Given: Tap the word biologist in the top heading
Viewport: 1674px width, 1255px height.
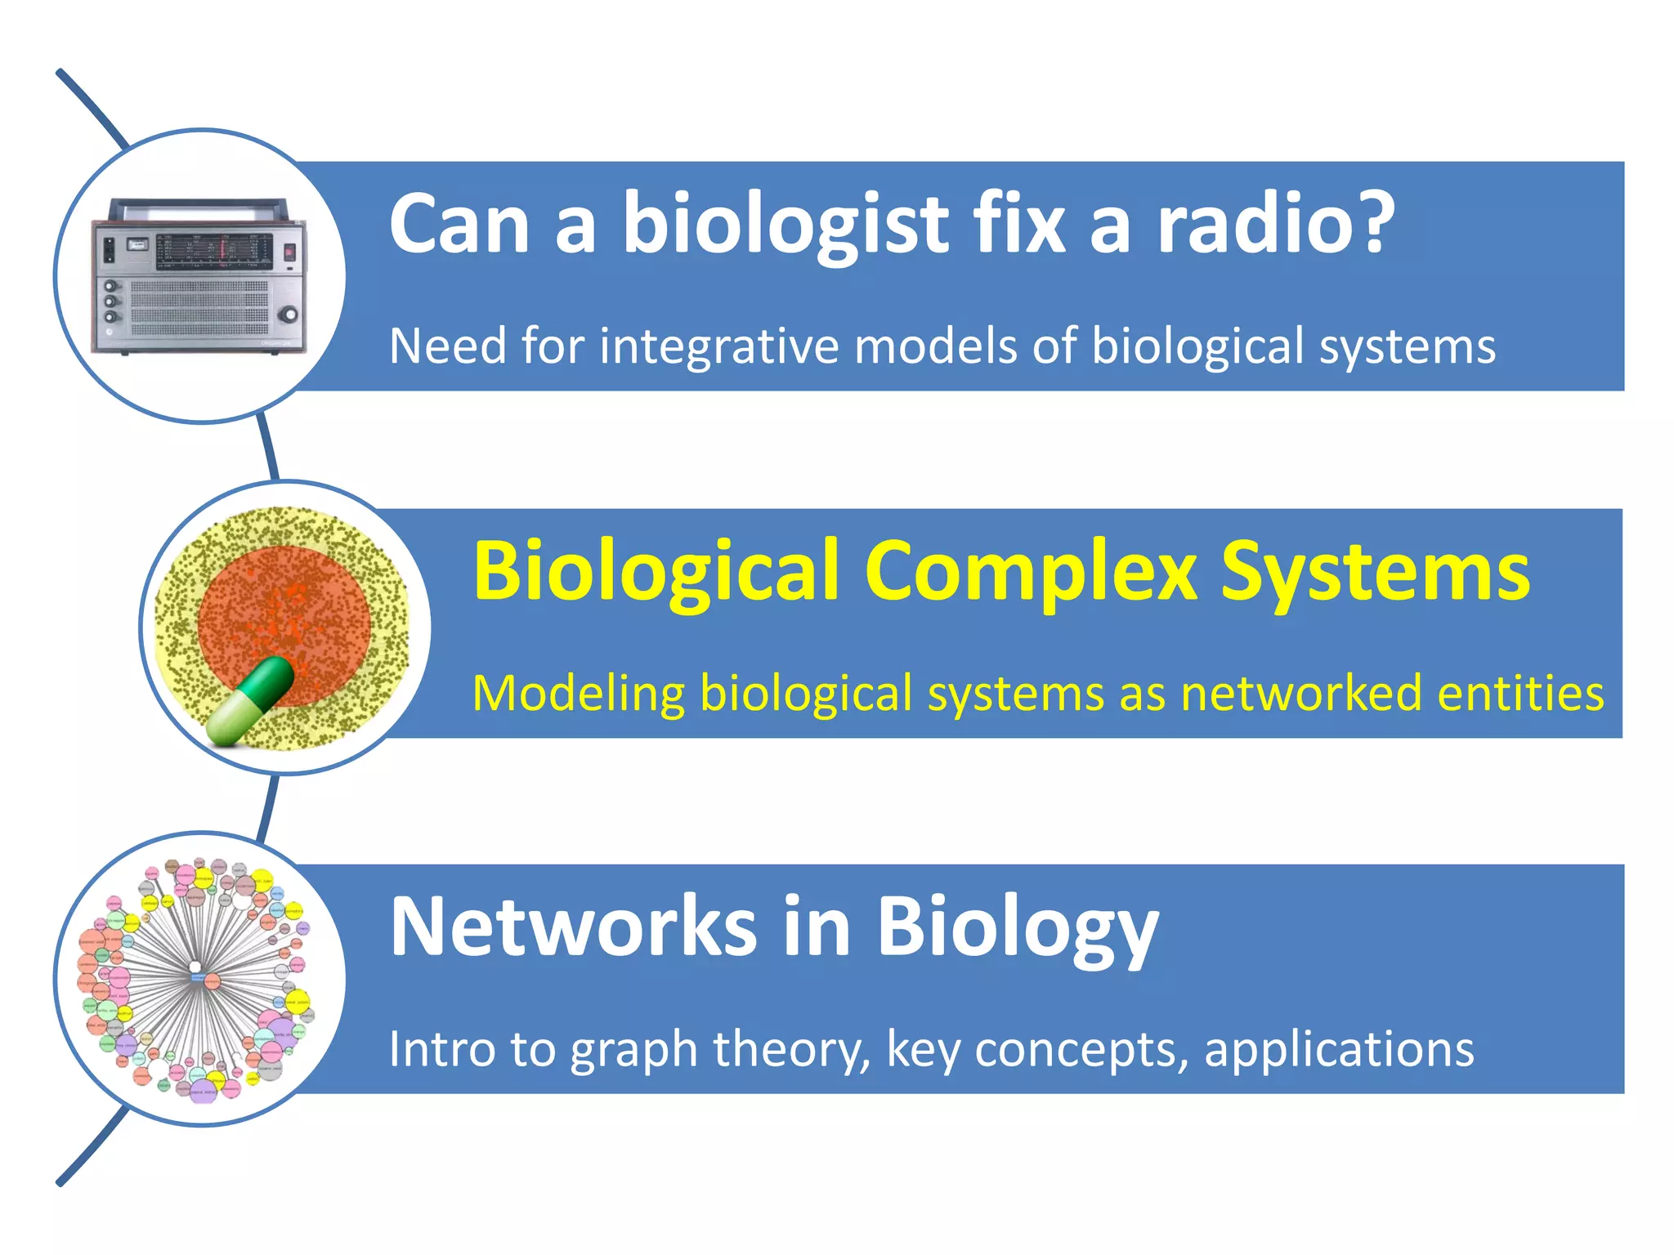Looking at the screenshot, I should coord(785,225).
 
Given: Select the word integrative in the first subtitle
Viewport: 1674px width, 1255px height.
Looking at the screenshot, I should coord(719,346).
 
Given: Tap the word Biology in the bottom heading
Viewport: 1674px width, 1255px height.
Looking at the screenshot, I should coord(1018,927).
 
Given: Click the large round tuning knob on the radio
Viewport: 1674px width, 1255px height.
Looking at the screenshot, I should coord(288,315).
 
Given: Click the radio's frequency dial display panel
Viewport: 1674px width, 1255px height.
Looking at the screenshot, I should coord(214,252).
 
